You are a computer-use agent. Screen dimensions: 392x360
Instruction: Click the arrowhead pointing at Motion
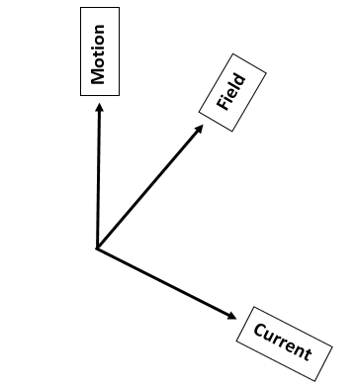pyautogui.click(x=98, y=108)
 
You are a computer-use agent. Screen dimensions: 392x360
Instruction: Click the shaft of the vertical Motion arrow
pyautogui.click(x=97, y=178)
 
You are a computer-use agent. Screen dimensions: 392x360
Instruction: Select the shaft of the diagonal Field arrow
pyautogui.click(x=148, y=188)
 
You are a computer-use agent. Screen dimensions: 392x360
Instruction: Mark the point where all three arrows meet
pyautogui.click(x=96, y=247)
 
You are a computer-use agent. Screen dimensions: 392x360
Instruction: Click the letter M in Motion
pyautogui.click(x=98, y=77)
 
